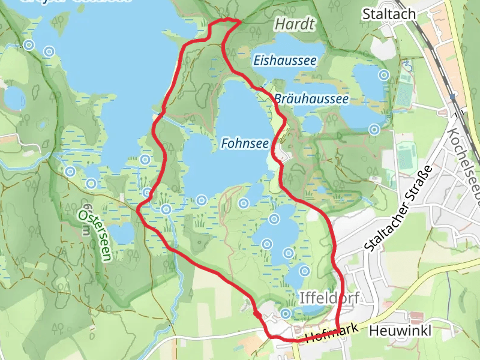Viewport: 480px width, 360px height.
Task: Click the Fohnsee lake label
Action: tap(244, 144)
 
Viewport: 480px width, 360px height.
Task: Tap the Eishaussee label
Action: tap(284, 60)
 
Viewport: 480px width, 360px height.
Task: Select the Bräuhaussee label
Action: tap(312, 98)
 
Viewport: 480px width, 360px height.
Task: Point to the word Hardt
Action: tap(295, 24)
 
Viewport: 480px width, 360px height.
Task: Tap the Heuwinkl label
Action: tap(401, 331)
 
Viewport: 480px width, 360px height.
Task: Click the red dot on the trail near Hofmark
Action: tap(257, 314)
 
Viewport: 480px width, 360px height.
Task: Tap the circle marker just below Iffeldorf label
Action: tap(286, 313)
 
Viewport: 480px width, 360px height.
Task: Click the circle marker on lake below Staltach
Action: tap(383, 76)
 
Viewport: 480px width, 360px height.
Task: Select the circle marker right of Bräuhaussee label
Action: tap(375, 129)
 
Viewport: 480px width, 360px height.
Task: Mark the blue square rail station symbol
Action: tap(454, 95)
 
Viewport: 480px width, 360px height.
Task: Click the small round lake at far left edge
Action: tap(14, 98)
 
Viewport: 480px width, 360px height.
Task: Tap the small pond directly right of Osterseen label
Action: tap(122, 233)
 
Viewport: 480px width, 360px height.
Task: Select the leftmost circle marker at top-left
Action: tap(29, 44)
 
